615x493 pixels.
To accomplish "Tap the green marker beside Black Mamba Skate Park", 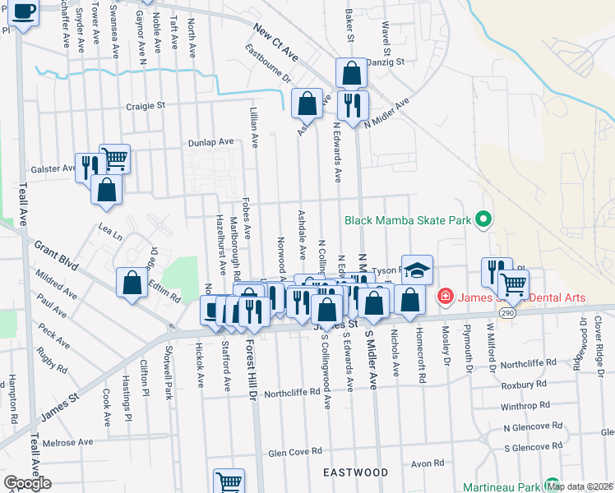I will [x=483, y=219].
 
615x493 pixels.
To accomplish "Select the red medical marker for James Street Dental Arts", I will [x=445, y=295].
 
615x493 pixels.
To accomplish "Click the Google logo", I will [x=27, y=483].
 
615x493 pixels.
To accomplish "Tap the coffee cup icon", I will [x=24, y=12].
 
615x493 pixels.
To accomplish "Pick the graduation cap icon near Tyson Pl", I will [x=417, y=270].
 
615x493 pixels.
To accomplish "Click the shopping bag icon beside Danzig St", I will [x=351, y=73].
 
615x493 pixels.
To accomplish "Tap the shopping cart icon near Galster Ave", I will [x=114, y=158].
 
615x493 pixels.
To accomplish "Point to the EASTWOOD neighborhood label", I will [x=355, y=472].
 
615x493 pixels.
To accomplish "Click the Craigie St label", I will [x=146, y=105].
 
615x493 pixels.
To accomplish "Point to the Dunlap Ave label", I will [x=211, y=141].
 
